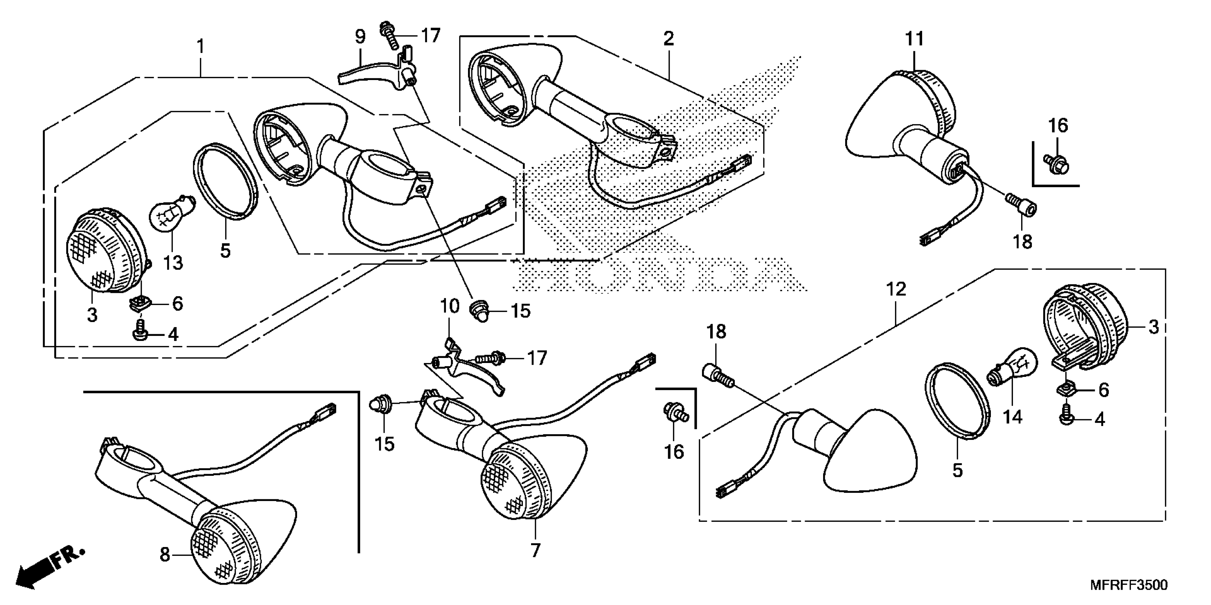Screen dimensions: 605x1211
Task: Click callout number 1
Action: click(201, 47)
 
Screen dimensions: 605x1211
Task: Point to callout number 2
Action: click(669, 38)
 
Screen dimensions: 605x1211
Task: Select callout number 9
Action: click(360, 37)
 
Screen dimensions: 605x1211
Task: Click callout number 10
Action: click(449, 306)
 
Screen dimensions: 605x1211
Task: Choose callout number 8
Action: click(165, 555)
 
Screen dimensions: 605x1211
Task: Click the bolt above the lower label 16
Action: click(674, 412)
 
